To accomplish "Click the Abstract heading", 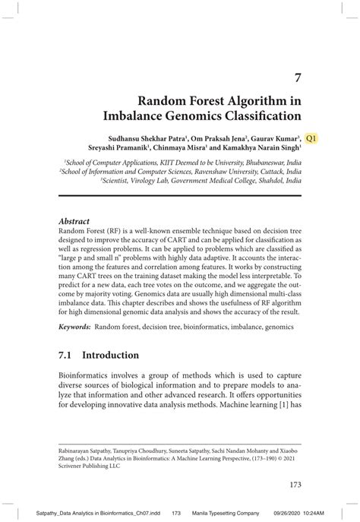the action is [x=75, y=220].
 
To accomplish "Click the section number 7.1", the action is [x=66, y=355].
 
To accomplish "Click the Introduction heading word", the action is [x=111, y=355].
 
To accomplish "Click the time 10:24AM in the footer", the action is [x=325, y=511].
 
